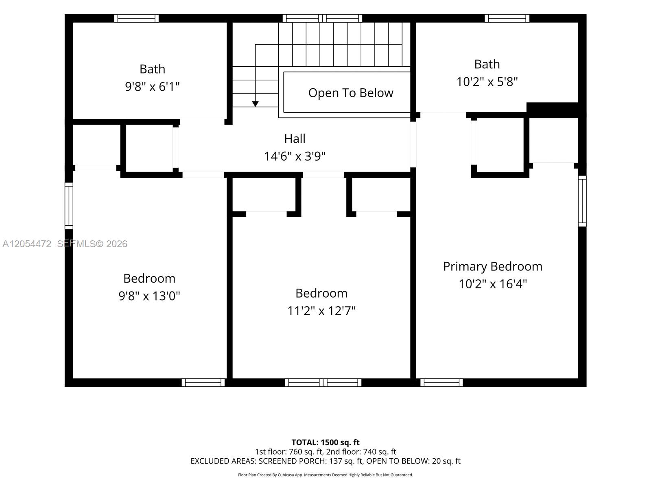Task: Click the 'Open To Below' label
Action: [351, 93]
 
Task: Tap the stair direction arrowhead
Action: [255, 104]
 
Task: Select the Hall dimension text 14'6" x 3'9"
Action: [295, 156]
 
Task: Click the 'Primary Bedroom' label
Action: [493, 266]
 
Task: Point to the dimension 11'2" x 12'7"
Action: [321, 311]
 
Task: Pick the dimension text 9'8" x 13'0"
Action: [149, 296]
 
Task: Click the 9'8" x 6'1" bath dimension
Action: [152, 87]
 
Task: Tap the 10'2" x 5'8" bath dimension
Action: [487, 82]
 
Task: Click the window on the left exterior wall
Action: [69, 206]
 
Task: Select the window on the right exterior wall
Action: [582, 201]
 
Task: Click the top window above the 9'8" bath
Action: [136, 18]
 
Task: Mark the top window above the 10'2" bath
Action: [507, 18]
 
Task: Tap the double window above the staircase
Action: [322, 18]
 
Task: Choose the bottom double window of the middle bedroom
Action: [323, 383]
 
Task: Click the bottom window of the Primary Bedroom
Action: [441, 383]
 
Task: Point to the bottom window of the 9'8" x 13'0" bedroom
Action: [203, 383]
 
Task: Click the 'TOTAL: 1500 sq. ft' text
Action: [325, 442]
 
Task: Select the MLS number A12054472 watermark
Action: [27, 244]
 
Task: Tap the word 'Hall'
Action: [295, 139]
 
